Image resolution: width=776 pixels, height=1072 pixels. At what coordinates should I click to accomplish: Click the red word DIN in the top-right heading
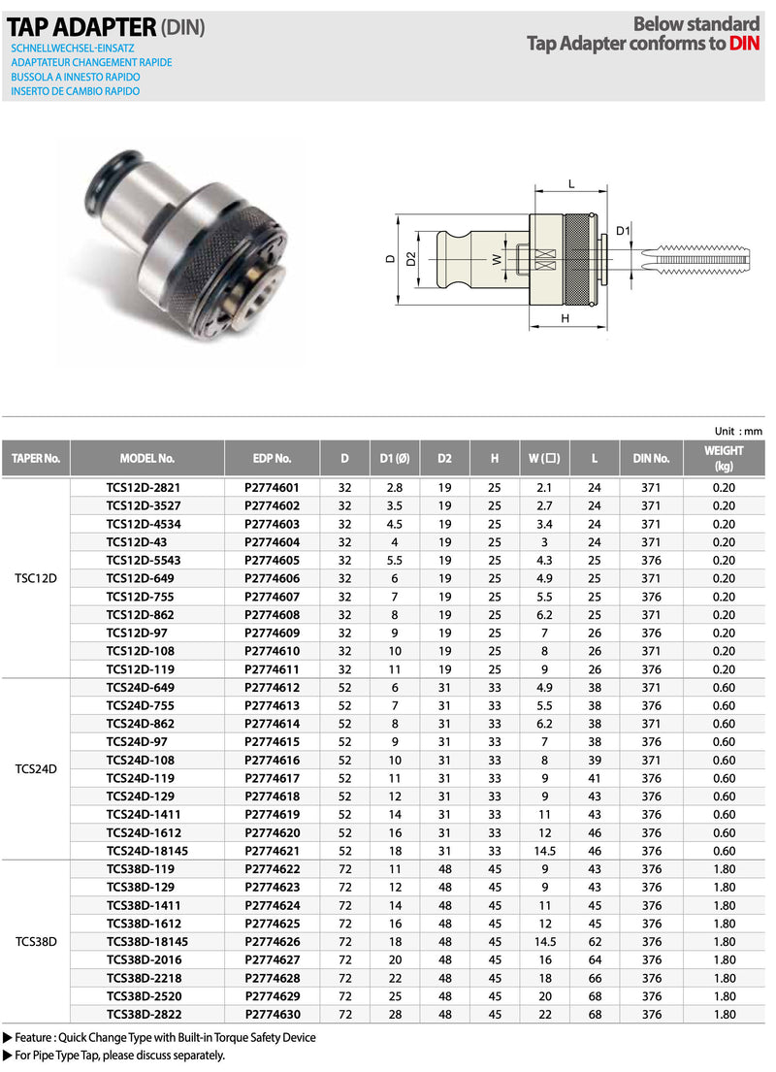(x=744, y=43)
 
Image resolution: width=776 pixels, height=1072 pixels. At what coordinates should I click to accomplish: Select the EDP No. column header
(x=272, y=458)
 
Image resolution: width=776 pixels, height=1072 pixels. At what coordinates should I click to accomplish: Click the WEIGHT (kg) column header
(x=724, y=458)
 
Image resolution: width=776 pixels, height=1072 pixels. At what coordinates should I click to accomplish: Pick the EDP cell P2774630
(x=272, y=1014)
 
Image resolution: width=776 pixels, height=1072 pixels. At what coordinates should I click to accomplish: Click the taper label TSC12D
(x=37, y=578)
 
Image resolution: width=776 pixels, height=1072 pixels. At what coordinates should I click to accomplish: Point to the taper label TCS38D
(x=37, y=941)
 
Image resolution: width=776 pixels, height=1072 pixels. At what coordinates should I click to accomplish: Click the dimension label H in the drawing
(x=562, y=317)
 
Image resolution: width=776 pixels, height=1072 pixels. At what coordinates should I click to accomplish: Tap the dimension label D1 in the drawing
(x=624, y=230)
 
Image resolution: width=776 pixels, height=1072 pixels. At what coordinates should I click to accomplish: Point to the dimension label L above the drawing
(x=571, y=182)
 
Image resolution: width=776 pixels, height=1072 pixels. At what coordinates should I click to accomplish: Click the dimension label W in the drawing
(x=496, y=259)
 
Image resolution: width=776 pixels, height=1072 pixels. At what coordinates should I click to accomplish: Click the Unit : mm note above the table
(x=738, y=431)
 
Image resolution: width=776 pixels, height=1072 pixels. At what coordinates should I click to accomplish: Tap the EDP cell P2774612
(x=272, y=687)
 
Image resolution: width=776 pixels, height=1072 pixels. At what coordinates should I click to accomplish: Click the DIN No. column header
(x=651, y=458)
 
